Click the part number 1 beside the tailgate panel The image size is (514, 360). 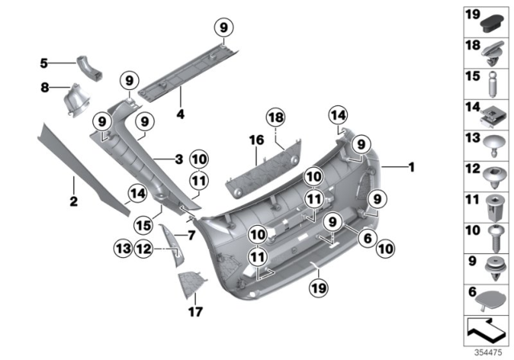coord(411,168)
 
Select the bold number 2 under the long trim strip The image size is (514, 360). coord(73,201)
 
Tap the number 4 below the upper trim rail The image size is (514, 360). coord(180,114)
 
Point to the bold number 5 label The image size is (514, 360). coord(45,61)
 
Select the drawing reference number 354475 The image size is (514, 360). coord(492,354)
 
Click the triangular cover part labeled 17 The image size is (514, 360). coord(191,283)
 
